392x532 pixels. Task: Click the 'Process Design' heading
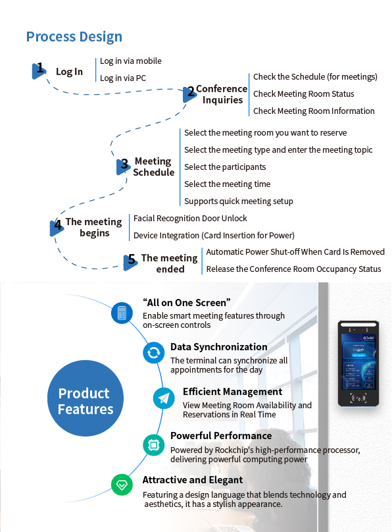[74, 37]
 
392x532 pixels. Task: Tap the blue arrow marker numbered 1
[38, 71]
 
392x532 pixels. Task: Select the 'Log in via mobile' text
[130, 61]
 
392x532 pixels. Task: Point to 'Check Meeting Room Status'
[304, 94]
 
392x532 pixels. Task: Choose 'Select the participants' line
[225, 167]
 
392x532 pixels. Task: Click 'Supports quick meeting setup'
[239, 201]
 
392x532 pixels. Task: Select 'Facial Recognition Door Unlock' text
[190, 218]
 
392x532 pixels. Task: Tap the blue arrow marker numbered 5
[130, 262]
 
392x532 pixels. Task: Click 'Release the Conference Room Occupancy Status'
[294, 269]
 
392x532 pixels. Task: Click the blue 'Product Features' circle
[86, 398]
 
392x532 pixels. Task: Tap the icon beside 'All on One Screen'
[122, 313]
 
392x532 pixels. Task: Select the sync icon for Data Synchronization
[154, 353]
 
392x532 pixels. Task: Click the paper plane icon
[164, 398]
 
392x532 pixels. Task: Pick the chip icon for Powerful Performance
[154, 445]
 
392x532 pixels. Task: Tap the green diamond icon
[122, 485]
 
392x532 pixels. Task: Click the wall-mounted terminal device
[358, 363]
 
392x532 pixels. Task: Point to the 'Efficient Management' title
[232, 392]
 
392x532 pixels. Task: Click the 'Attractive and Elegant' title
[193, 480]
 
